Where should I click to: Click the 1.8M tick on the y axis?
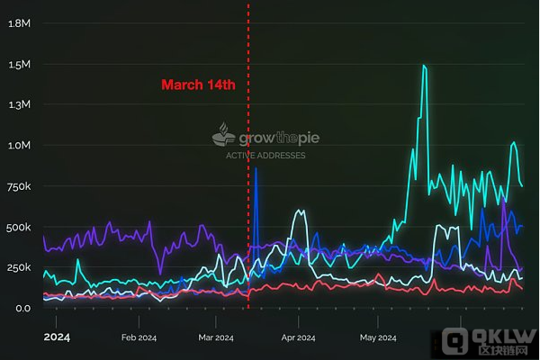click(20, 22)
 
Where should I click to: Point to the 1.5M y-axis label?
click(20, 65)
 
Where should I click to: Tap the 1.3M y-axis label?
click(20, 104)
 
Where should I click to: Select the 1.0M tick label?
click(20, 145)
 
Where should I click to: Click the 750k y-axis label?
click(20, 186)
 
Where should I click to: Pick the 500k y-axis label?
click(20, 227)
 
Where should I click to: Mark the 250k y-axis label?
click(20, 267)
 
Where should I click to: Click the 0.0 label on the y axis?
click(22, 308)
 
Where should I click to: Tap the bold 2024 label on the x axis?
click(57, 337)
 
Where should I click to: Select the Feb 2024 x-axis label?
click(139, 338)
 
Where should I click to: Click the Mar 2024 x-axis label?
click(213, 338)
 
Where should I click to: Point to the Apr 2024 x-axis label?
click(298, 338)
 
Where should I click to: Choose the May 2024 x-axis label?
click(379, 338)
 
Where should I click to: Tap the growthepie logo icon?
click(223, 136)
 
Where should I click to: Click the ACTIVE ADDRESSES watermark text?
click(265, 155)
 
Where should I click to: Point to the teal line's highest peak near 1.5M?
click(423, 66)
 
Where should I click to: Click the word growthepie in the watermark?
click(278, 139)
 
